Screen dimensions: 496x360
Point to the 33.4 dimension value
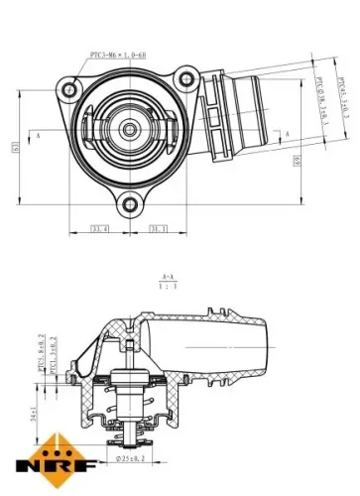point(98,229)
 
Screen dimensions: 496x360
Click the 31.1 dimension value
point(158,229)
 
